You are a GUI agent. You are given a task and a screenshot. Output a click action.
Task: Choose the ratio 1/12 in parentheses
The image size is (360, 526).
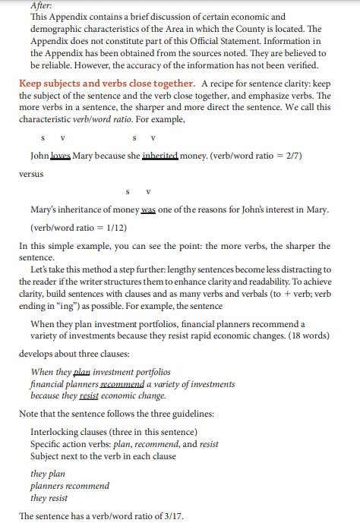tap(115, 228)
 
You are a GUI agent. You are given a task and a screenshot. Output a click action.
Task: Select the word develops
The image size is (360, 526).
tap(38, 354)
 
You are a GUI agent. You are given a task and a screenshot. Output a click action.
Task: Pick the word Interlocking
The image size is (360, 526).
tap(57, 432)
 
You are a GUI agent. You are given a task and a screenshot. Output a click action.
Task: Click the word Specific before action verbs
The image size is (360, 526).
tap(48, 444)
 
